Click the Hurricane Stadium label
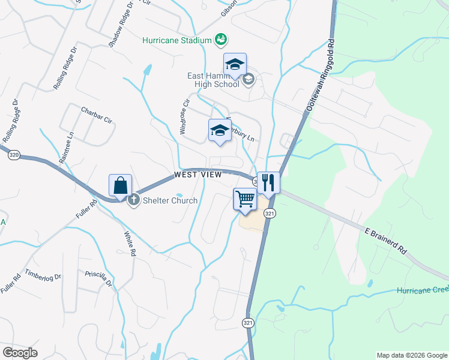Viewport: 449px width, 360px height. pos(177,40)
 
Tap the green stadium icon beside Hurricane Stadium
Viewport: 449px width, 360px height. pos(221,40)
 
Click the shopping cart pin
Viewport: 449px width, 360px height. pos(245,199)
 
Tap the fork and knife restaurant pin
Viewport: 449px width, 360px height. pos(268,182)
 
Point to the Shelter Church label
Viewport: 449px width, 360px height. pos(169,200)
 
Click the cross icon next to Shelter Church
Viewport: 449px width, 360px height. pos(133,200)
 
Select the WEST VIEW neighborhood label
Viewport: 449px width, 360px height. pos(198,175)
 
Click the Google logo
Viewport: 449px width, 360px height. pos(20,353)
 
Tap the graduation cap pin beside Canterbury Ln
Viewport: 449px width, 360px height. pos(220,131)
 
